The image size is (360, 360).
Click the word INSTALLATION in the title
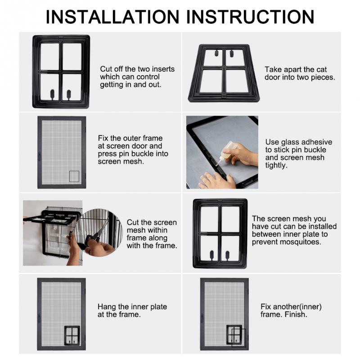click(x=112, y=17)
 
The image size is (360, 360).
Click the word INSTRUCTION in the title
click(x=250, y=17)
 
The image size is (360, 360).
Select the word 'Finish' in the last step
click(x=295, y=314)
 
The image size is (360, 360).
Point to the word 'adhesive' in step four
click(x=316, y=142)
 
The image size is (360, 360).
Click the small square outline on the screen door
click(x=74, y=176)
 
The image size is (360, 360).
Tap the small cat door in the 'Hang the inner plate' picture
click(x=72, y=336)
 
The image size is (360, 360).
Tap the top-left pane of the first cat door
click(x=49, y=57)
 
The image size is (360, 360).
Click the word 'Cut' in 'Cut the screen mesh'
click(x=133, y=222)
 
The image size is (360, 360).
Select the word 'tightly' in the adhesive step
click(x=276, y=165)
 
